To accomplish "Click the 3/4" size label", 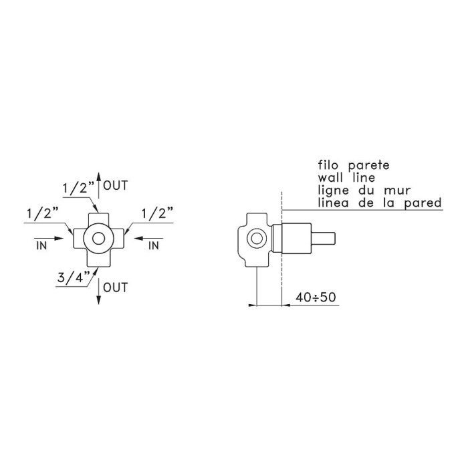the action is [x=74, y=278].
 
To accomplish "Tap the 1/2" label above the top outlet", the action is [x=78, y=189].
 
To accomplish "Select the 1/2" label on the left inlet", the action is [x=42, y=214].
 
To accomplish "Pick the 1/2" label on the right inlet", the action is [x=157, y=214].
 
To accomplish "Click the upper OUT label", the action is [x=116, y=185].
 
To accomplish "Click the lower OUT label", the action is [x=116, y=287].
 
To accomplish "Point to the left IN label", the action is [x=41, y=245].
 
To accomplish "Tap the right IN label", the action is [x=154, y=245].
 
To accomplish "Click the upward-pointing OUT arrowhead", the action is [x=99, y=176].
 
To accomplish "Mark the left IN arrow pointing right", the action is [x=49, y=239].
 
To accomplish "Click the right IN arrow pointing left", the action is [x=148, y=239].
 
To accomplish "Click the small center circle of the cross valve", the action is [x=98, y=239].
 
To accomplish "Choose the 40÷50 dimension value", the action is [x=316, y=298].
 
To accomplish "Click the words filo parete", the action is [x=354, y=165].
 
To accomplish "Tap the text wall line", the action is [x=346, y=178].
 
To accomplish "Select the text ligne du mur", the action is [x=364, y=191].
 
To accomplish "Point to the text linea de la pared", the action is [x=380, y=203].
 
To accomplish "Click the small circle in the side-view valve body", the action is [x=256, y=239].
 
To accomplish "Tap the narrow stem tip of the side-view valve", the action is [x=324, y=239].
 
